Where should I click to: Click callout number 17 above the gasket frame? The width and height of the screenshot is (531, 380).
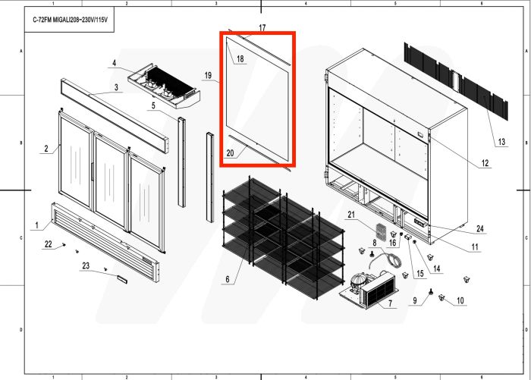click(262, 28)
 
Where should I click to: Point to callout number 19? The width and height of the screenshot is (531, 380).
click(207, 75)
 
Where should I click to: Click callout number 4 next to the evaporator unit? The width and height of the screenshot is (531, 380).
click(115, 63)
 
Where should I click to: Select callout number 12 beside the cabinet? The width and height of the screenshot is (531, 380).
click(485, 163)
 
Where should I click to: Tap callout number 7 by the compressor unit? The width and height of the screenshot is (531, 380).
click(390, 304)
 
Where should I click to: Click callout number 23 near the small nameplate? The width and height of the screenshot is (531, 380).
click(86, 265)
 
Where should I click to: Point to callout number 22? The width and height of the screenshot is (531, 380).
click(49, 243)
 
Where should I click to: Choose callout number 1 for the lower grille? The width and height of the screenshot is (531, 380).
click(36, 225)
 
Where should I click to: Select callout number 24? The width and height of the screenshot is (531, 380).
click(480, 229)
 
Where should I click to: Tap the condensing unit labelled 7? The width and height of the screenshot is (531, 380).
click(368, 290)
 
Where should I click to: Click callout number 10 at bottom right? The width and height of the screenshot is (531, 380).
click(460, 301)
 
